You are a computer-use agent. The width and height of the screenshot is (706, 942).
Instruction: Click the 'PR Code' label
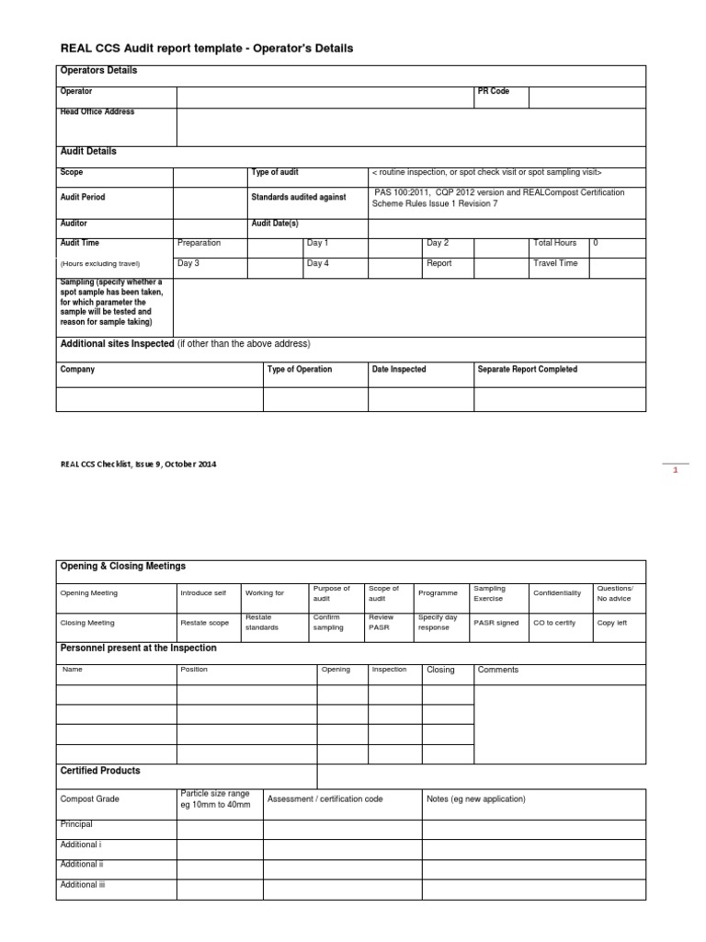tap(493, 92)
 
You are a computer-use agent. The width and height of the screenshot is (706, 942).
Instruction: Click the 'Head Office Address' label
tap(97, 112)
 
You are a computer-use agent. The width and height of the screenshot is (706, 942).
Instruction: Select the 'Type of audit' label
tap(275, 172)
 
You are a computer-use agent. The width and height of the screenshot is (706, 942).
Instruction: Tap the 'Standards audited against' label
tap(299, 197)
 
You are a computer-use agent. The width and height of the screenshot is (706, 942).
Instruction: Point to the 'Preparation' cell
tap(199, 243)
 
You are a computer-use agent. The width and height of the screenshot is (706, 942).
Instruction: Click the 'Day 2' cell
tap(438, 243)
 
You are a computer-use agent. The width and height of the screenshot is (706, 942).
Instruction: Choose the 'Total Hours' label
tap(555, 243)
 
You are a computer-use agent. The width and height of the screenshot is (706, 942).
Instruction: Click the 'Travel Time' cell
tap(556, 263)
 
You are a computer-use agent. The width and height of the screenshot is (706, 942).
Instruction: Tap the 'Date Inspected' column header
tap(399, 369)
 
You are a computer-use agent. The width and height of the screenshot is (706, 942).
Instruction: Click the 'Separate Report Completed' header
tap(528, 369)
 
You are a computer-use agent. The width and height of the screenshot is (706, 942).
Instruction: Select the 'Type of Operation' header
tap(300, 369)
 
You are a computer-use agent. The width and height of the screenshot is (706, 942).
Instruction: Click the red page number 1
tap(676, 470)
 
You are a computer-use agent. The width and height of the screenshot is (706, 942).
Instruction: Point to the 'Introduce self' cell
tap(203, 593)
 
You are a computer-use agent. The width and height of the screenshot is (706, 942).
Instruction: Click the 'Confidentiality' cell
tap(557, 593)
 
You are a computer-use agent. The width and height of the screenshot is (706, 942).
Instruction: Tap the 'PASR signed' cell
tap(495, 623)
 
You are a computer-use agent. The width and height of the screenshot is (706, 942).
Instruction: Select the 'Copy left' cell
tap(612, 623)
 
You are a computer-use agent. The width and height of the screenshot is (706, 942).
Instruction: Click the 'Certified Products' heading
tap(100, 771)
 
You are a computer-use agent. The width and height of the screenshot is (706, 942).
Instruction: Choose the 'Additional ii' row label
tap(82, 864)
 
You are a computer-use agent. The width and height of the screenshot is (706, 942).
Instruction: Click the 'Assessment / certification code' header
tap(325, 799)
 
